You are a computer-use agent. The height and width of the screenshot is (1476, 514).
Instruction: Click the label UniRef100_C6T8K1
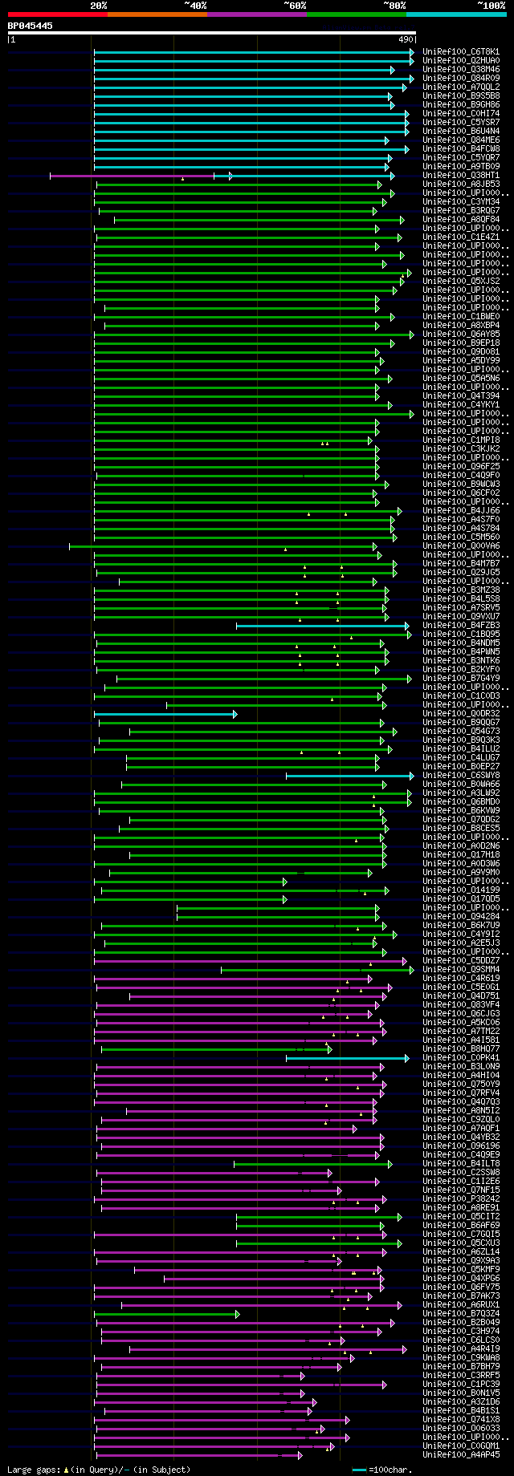pos(461,52)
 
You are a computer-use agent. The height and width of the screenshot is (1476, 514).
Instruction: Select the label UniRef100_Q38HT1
pos(461,176)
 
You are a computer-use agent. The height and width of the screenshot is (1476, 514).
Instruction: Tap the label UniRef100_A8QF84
pos(461,220)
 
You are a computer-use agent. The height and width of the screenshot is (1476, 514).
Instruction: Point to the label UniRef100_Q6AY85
pos(461,335)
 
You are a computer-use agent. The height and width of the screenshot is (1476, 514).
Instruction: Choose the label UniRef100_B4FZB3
pos(461,626)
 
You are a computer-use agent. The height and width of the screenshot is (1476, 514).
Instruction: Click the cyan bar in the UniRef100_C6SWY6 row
pos(349,776)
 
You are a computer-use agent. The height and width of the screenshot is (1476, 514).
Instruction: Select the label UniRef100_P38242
pos(461,1199)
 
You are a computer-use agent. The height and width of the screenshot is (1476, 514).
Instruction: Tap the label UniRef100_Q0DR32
pos(461,714)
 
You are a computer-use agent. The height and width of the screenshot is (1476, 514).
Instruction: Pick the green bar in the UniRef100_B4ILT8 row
pos(312,1164)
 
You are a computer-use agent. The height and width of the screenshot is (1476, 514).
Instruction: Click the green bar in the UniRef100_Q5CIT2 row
pos(318,1217)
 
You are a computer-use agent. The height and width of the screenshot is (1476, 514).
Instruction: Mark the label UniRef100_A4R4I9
pos(461,1349)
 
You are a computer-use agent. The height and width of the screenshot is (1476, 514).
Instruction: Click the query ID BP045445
pos(31,26)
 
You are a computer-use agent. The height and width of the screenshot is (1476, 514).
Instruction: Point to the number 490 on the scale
pos(405,39)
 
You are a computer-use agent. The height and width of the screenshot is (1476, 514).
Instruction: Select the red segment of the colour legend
pos(57,14)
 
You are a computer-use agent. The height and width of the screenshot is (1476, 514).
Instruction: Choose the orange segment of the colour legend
pos(157,14)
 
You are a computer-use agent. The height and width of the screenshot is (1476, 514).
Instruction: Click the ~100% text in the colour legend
pos(491,6)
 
